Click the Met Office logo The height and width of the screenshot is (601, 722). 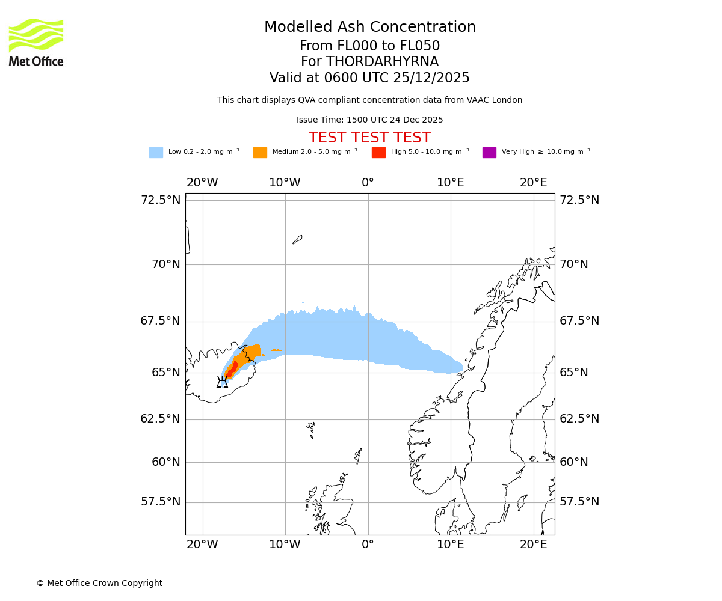[x=36, y=42]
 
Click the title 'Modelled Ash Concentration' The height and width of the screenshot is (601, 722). [x=370, y=27]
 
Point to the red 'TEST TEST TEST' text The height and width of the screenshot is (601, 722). [x=369, y=138]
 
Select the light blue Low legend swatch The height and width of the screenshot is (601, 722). [x=156, y=153]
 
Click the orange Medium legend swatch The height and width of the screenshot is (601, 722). [x=260, y=153]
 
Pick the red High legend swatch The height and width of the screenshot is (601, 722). [x=378, y=153]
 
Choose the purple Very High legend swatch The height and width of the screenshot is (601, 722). [x=489, y=153]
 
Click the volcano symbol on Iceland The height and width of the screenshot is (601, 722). [x=223, y=382]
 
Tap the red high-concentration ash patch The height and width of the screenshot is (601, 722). [x=233, y=367]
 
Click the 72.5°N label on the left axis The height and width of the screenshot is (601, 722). [x=161, y=200]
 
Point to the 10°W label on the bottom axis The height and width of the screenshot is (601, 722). [x=285, y=545]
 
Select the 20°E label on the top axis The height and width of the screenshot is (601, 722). [x=534, y=183]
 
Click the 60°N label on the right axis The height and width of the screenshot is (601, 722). [x=574, y=462]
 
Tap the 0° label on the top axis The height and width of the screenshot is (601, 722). [x=368, y=183]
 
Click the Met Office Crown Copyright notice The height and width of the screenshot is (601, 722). [x=99, y=583]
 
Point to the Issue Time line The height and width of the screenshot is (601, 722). [x=369, y=120]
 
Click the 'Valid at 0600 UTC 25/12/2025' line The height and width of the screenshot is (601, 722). [x=369, y=78]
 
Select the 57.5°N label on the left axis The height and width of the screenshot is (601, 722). [x=161, y=502]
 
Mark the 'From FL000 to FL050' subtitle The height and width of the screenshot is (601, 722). [x=369, y=46]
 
